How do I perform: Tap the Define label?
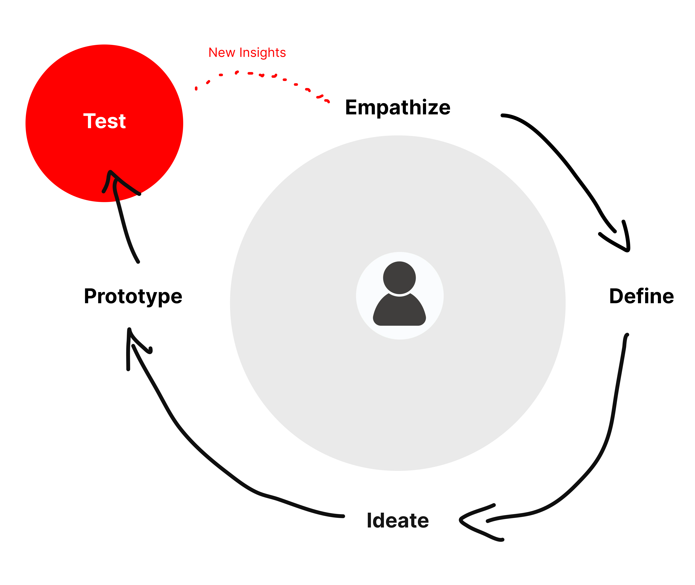tap(641, 296)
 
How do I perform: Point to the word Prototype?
tap(133, 296)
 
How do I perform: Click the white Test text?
tap(104, 121)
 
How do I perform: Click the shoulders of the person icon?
tap(399, 312)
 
